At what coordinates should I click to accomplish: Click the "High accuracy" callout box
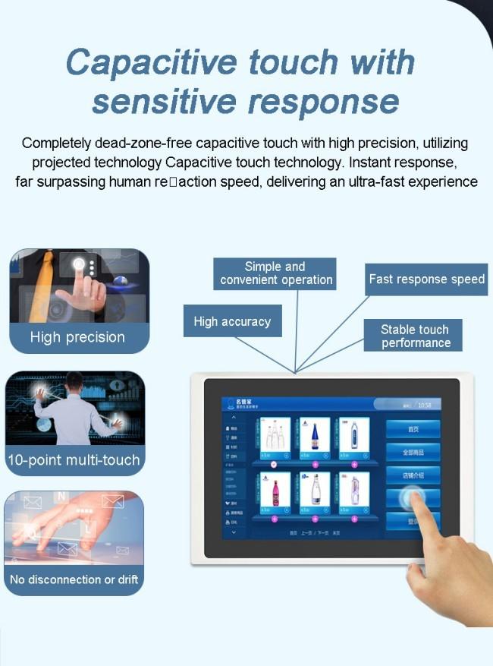232,321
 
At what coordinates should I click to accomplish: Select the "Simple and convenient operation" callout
275,273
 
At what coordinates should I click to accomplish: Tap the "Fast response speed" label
426,279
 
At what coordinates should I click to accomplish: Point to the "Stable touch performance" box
415,336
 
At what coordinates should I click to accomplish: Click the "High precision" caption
77,337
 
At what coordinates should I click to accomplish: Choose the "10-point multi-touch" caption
74,459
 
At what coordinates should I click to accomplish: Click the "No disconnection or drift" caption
74,579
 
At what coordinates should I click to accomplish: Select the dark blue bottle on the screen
315,435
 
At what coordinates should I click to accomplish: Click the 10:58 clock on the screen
425,406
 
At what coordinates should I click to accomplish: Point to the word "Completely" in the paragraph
58,144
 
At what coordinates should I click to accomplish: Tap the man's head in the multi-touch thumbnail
74,381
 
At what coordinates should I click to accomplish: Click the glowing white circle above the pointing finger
79,264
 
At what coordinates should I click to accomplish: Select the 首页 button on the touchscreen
413,429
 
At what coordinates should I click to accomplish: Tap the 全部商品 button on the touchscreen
413,453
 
